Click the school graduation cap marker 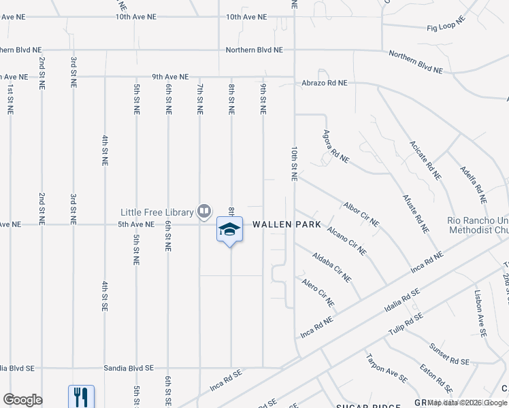tap(229, 230)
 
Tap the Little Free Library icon tap(203, 211)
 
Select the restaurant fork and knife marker tap(81, 396)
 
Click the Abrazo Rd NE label tap(325, 83)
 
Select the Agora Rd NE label tap(336, 147)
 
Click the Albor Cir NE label tap(361, 214)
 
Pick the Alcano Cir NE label tap(346, 240)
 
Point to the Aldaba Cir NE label tap(331, 267)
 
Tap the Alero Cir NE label tap(318, 291)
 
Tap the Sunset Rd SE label tap(449, 356)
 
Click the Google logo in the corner tap(22, 400)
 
